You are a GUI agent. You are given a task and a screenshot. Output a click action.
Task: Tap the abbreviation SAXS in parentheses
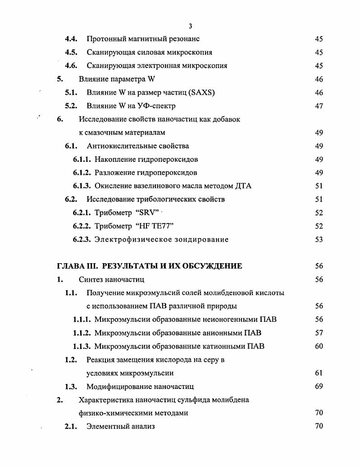(x=202, y=93)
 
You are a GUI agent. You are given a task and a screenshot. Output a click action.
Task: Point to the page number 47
(x=319, y=106)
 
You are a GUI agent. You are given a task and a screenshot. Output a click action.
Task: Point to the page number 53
(x=319, y=240)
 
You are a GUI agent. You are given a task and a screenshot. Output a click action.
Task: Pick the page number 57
(x=319, y=333)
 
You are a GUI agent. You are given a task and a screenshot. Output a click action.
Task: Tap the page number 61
(x=319, y=373)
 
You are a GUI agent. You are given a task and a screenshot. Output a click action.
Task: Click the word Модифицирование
(x=116, y=387)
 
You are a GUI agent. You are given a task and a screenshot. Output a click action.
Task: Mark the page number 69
(x=319, y=387)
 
